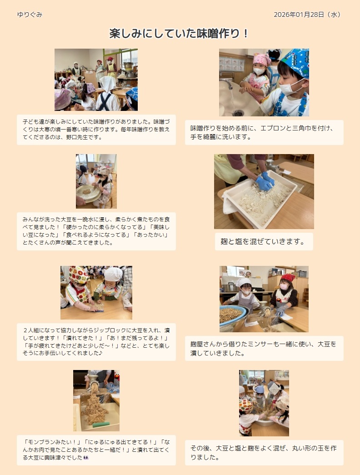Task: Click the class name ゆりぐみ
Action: [30, 15]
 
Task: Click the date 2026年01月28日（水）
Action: [308, 15]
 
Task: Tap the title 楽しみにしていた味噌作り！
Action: [179, 33]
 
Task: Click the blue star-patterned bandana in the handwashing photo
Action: [296, 62]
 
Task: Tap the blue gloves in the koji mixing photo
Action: [265, 181]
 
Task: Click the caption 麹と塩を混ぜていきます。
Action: [263, 241]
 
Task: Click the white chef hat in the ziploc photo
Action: [113, 274]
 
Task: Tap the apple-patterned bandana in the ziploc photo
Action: [78, 275]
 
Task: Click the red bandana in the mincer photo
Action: [288, 277]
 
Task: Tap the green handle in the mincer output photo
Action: [101, 425]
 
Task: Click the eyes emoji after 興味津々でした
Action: [86, 457]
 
